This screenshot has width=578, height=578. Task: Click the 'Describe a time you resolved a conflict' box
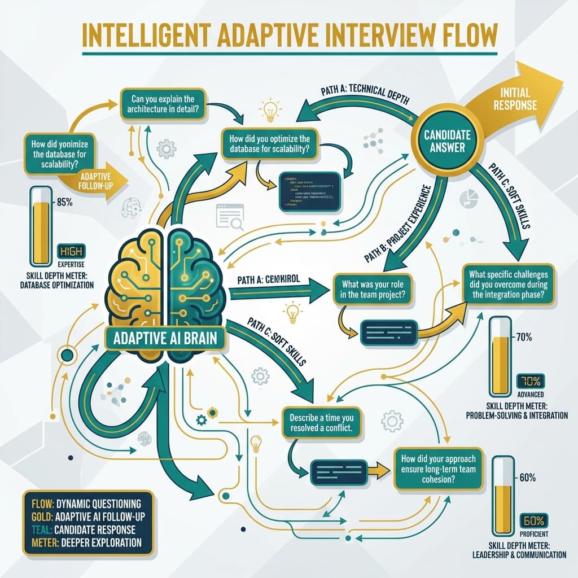(320, 423)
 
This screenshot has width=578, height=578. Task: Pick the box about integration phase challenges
(512, 283)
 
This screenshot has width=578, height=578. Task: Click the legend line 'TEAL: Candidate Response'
(80, 530)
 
